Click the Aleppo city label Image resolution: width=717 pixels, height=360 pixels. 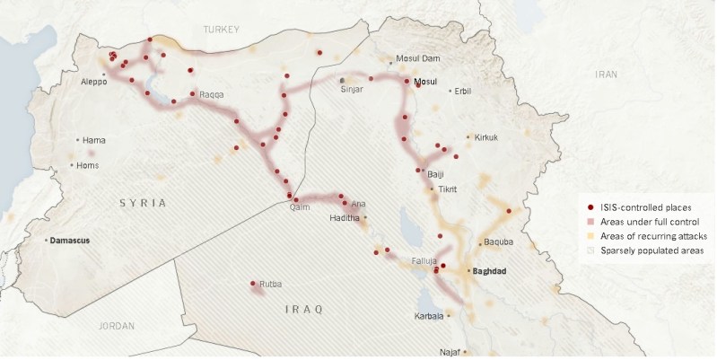[93, 82]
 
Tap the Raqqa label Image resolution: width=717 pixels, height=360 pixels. [212, 93]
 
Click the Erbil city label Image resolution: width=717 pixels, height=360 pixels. [463, 91]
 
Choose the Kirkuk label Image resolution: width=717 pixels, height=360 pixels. [485, 137]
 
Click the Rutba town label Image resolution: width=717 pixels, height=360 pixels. [270, 285]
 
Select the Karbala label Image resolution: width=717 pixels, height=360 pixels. [429, 316]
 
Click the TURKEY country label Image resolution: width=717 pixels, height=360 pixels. [222, 30]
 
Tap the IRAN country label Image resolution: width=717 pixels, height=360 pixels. [606, 75]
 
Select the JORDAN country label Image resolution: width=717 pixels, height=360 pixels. [116, 326]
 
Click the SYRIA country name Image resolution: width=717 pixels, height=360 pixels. [143, 204]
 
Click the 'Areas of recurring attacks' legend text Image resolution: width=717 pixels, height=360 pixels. [650, 235]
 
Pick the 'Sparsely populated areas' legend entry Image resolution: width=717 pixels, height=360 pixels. [651, 250]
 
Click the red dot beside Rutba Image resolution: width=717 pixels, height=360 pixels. [253, 284]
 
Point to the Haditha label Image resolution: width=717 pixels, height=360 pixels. [345, 218]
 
